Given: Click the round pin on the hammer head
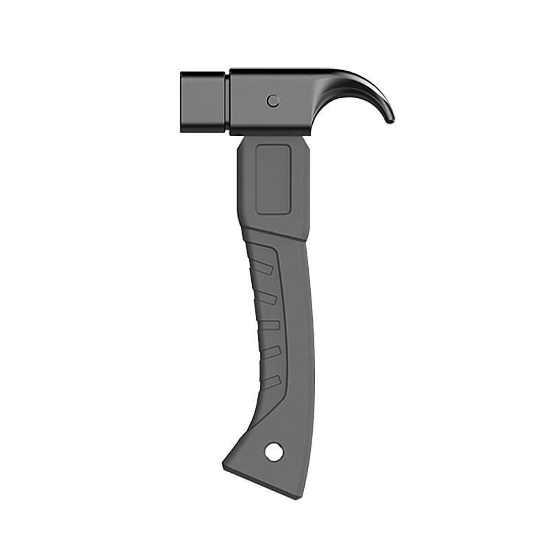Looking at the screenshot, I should coord(273,101).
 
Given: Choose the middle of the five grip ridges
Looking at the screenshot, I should coord(272,324).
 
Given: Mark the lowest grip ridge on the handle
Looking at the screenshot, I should coord(272,379).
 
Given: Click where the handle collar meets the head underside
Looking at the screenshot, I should coord(274,135).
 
